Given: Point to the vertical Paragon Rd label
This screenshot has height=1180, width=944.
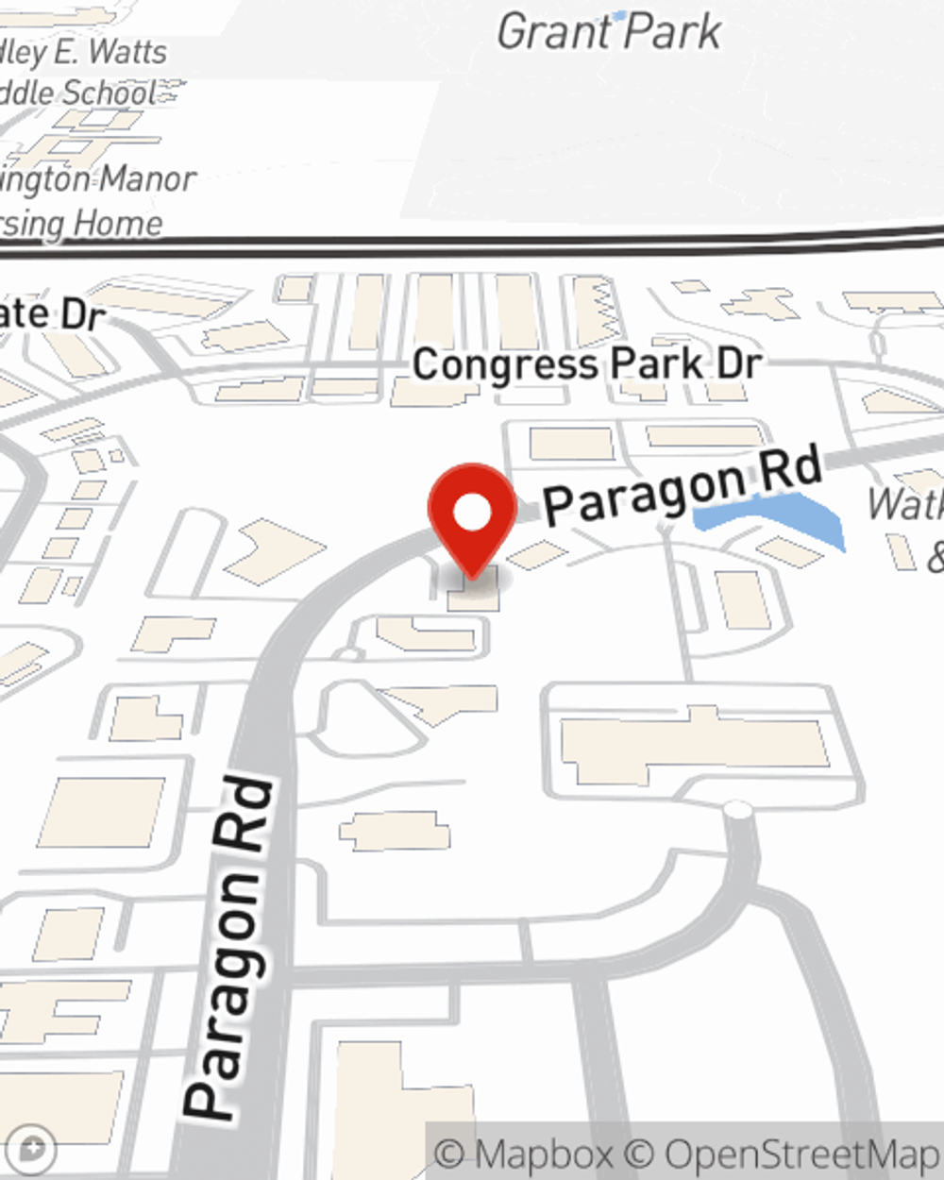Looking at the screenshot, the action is click(232, 949).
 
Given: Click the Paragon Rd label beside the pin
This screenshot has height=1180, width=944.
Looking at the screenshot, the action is click(683, 488).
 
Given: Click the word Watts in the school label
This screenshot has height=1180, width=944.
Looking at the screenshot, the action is click(127, 52).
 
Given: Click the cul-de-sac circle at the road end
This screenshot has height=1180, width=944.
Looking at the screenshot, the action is click(736, 811).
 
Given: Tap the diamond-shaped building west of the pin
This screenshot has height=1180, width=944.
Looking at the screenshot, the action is click(274, 550).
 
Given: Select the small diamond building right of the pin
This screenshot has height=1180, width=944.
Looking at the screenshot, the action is click(538, 554).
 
